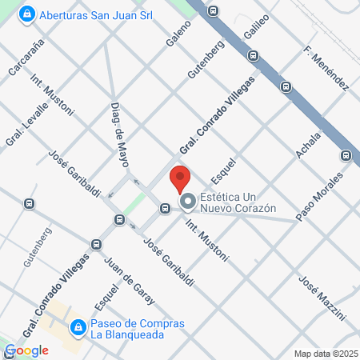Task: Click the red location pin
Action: (x=180, y=178)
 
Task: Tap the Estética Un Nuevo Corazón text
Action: (x=238, y=202)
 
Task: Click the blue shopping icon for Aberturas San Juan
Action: (x=27, y=14)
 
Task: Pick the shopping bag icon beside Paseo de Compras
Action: (x=78, y=328)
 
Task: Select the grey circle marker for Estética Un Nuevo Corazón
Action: (x=188, y=202)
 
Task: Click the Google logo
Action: (x=27, y=350)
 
